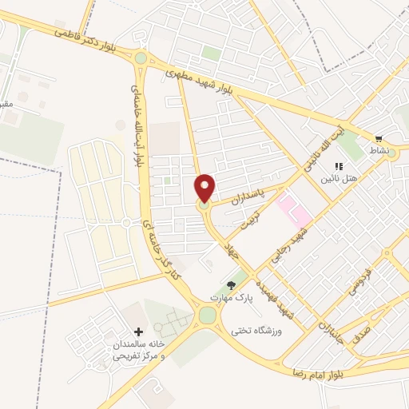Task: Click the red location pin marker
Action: click(205, 189)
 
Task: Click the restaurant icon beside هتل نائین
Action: click(338, 167)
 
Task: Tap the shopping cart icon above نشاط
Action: click(378, 138)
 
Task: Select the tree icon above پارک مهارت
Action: click(232, 284)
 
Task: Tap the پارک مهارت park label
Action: click(232, 297)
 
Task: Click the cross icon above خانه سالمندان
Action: click(139, 332)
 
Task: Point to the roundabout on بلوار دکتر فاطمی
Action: click(141, 58)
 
